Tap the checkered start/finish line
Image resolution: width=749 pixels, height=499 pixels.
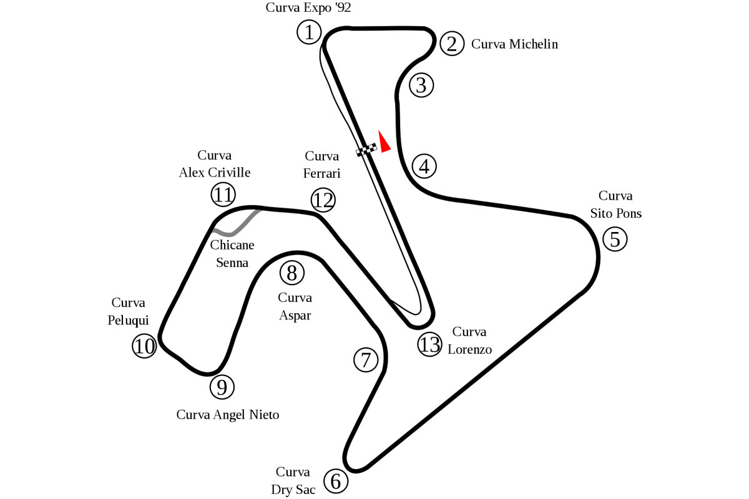pyautogui.click(x=366, y=150)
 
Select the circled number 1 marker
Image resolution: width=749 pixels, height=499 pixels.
pyautogui.click(x=309, y=32)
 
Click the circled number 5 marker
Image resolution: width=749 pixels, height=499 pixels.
pyautogui.click(x=615, y=239)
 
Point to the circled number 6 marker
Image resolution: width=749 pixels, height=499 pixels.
pyautogui.click(x=336, y=482)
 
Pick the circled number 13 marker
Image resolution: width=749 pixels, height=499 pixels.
pyautogui.click(x=429, y=344)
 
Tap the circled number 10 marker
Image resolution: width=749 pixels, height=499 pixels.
pyautogui.click(x=144, y=346)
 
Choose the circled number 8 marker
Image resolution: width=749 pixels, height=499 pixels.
pyautogui.click(x=292, y=273)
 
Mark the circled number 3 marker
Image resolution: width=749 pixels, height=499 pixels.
pyautogui.click(x=422, y=85)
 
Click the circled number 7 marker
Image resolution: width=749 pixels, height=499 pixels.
pyautogui.click(x=366, y=360)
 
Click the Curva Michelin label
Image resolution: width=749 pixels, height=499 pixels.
pyautogui.click(x=514, y=44)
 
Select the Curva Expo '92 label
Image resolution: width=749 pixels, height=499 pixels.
pyautogui.click(x=308, y=7)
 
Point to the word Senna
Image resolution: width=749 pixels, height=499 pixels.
pyautogui.click(x=232, y=263)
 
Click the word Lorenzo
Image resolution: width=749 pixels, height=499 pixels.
pyautogui.click(x=470, y=349)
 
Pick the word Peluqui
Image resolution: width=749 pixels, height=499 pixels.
pyautogui.click(x=128, y=321)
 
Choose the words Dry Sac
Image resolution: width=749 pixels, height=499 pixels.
pyautogui.click(x=293, y=490)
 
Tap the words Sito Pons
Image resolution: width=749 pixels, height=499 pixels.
pyautogui.click(x=615, y=213)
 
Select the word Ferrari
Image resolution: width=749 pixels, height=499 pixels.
pyautogui.click(x=321, y=173)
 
